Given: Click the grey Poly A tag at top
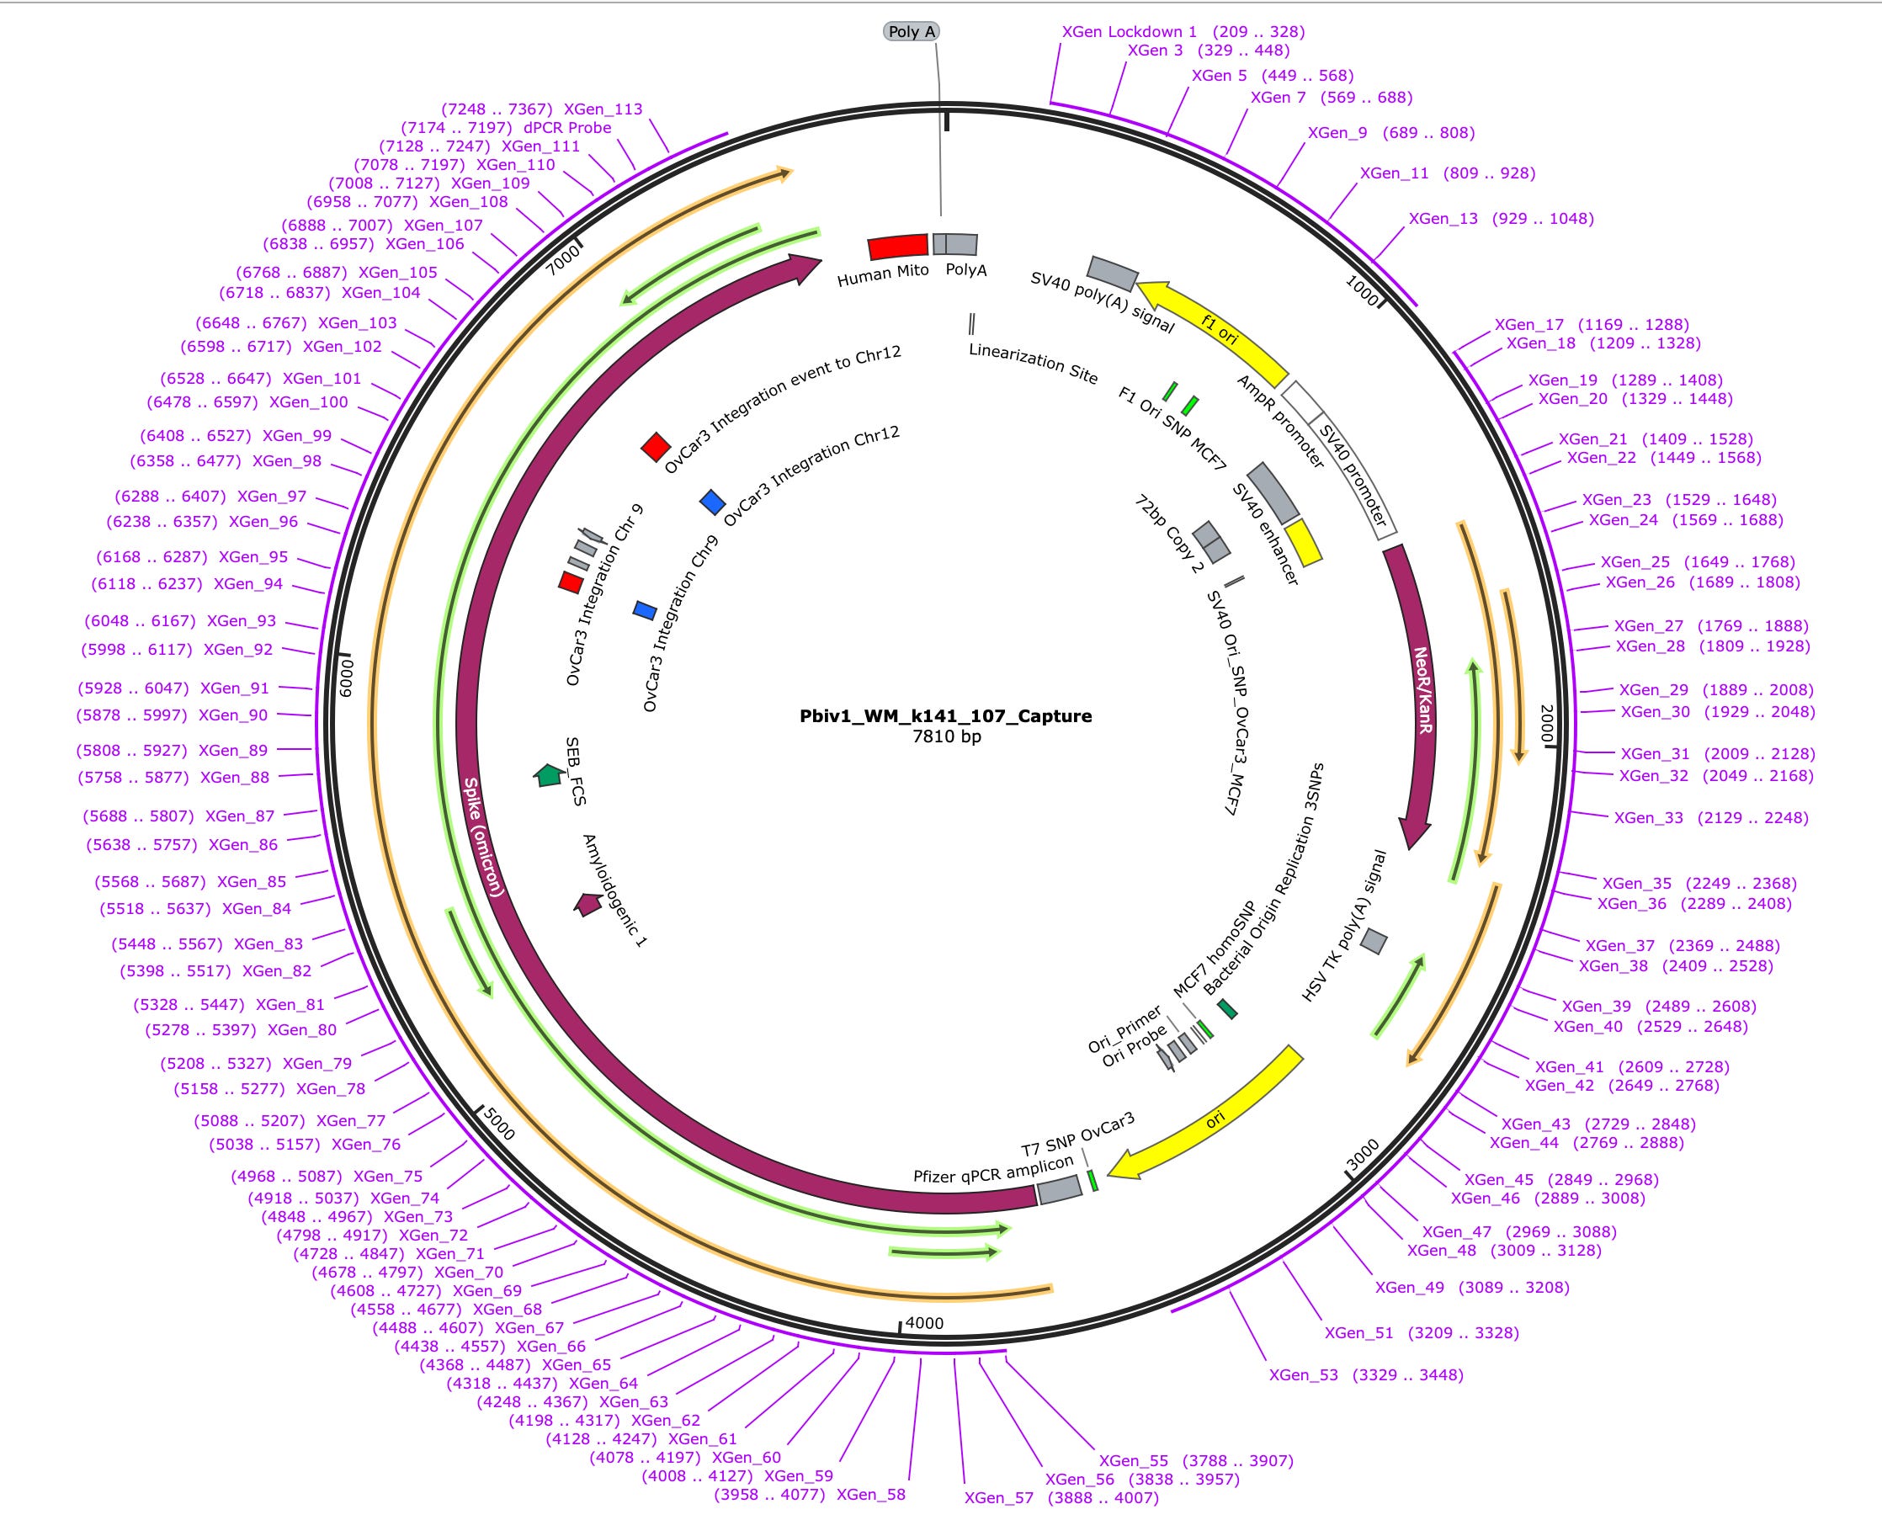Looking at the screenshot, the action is [912, 31].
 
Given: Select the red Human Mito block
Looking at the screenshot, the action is [897, 246].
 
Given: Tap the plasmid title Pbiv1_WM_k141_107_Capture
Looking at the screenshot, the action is [946, 715].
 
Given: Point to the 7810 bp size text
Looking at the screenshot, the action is [947, 736].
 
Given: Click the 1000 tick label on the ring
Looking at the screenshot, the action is [1361, 289].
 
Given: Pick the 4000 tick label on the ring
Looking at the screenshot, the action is [924, 1322].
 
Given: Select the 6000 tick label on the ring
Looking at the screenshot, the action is [345, 678].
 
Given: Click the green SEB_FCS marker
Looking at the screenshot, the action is [549, 775].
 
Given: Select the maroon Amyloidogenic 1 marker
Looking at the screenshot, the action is [587, 903].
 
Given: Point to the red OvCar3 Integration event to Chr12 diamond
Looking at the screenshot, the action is [655, 447].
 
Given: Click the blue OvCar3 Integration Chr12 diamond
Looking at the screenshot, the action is [713, 502].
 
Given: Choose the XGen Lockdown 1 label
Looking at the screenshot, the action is [1129, 31].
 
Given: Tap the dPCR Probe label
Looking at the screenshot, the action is [567, 128].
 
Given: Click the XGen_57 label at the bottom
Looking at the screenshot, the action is [999, 1497].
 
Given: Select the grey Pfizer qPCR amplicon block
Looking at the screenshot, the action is [1060, 1189].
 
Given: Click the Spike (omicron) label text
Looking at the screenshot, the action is [483, 837].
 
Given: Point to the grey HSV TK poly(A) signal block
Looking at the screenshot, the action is [1373, 941].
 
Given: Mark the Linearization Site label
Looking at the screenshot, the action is [1034, 363].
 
